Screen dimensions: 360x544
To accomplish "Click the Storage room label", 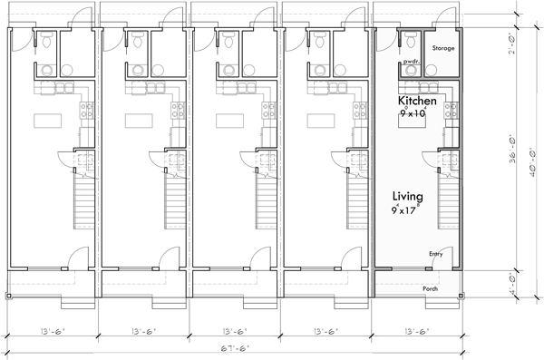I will pyautogui.click(x=442, y=48).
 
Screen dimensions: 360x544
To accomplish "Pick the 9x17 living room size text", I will pyautogui.click(x=411, y=212).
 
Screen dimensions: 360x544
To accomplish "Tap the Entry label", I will pyautogui.click(x=436, y=255).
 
